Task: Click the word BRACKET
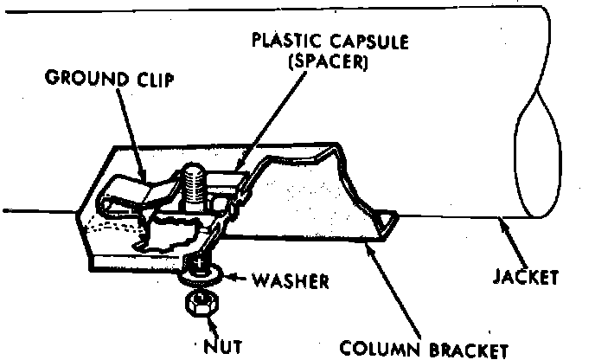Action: (462, 349)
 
